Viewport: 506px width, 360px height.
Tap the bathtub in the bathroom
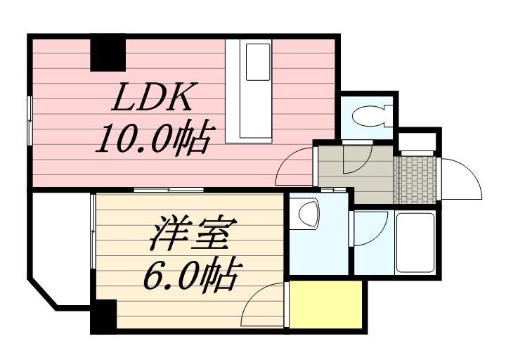pyautogui.click(x=414, y=242)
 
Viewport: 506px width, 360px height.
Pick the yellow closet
pyautogui.click(x=327, y=304)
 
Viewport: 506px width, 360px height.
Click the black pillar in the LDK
pyautogui.click(x=108, y=53)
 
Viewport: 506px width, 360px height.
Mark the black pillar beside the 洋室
pyautogui.click(x=103, y=316)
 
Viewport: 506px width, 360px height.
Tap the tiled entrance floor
pyautogui.click(x=416, y=180)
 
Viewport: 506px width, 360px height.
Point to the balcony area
pyautogui.click(x=60, y=246)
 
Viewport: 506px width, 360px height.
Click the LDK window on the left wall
pyautogui.click(x=30, y=120)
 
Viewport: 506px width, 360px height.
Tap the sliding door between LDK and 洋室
pyautogui.click(x=169, y=190)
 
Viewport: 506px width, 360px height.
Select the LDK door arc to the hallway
pyautogui.click(x=295, y=169)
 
